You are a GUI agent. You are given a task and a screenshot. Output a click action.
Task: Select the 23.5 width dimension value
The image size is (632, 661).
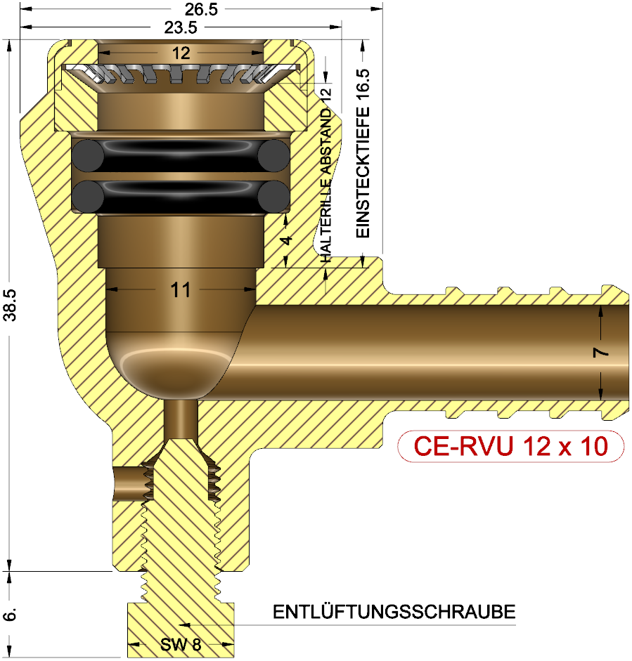pyautogui.click(x=180, y=27)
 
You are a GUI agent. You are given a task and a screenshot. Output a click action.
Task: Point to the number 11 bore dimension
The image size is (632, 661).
pyautogui.click(x=181, y=289)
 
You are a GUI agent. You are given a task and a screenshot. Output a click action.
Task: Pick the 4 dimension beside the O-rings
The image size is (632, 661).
pyautogui.click(x=285, y=240)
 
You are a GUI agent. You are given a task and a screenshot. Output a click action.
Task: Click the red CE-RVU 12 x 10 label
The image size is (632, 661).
pyautogui.click(x=510, y=447)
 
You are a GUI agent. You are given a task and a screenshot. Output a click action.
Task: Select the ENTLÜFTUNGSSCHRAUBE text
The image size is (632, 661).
pyautogui.click(x=394, y=612)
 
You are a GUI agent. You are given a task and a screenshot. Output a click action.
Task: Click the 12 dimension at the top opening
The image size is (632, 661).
pyautogui.click(x=181, y=53)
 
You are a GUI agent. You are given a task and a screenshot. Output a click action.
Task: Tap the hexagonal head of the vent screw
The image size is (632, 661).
pyautogui.click(x=180, y=629)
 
